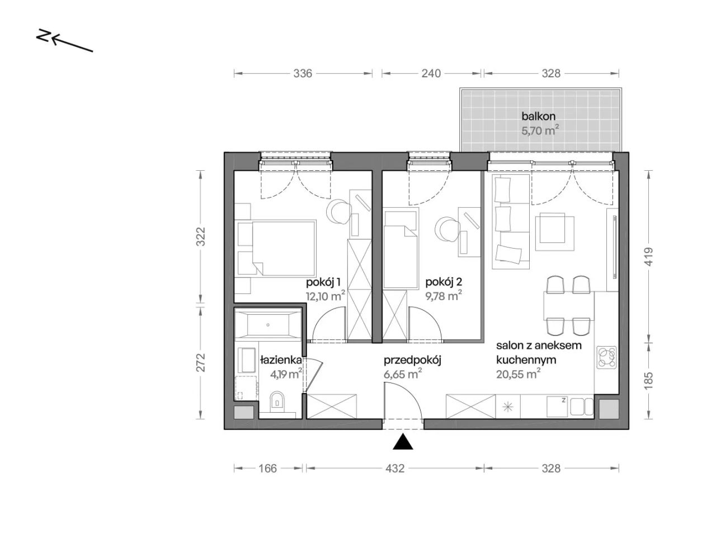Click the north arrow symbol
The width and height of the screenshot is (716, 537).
point(64,41)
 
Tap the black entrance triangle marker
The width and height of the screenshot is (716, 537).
point(403,442)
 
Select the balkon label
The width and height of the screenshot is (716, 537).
point(538,116)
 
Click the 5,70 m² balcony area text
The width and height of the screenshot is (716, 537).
point(540,130)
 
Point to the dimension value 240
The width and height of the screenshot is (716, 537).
point(431,73)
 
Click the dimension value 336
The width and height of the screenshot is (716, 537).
point(303,73)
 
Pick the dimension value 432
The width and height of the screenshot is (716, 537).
point(395,469)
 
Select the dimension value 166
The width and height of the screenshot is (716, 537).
point(267,469)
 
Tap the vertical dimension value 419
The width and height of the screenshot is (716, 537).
point(649,256)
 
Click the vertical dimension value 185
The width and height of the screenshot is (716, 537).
point(649,380)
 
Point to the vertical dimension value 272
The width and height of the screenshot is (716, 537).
point(201,362)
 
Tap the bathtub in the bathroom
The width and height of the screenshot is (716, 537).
point(267,325)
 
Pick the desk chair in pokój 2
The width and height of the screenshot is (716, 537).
point(447,230)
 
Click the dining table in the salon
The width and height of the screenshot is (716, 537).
point(569,306)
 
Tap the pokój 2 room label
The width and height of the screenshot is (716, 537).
point(444,282)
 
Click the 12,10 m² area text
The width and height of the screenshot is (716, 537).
point(325,296)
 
